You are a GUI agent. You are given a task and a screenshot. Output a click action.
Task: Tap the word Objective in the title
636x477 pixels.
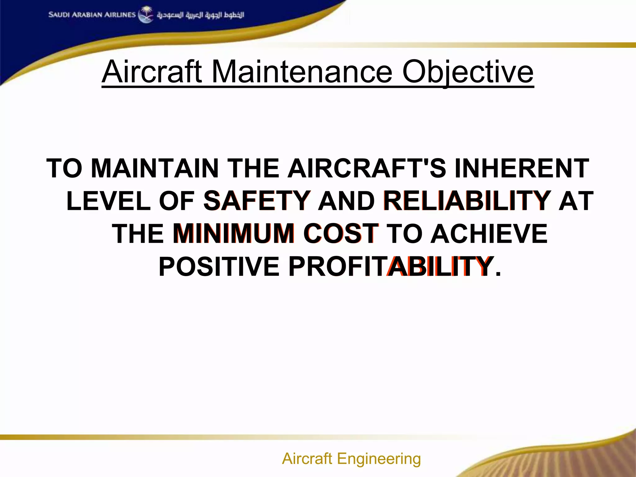[468, 72]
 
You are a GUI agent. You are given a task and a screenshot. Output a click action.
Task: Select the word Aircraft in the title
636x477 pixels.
[152, 72]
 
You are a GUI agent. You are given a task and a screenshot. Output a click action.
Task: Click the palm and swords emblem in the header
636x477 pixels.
[146, 15]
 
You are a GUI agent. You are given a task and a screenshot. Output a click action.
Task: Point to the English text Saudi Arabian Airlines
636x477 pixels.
[92, 15]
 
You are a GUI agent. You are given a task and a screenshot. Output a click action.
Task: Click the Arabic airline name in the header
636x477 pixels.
[200, 15]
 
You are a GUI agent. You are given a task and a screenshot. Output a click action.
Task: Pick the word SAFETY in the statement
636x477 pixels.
[257, 201]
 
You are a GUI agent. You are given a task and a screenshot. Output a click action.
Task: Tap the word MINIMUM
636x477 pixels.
[234, 234]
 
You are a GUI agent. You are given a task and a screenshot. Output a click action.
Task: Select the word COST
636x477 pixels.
[341, 234]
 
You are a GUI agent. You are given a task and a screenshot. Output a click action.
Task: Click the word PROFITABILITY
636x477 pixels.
[391, 266]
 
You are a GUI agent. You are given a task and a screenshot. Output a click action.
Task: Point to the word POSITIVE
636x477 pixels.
[219, 266]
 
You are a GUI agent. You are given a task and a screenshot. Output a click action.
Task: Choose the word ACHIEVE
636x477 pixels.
[489, 234]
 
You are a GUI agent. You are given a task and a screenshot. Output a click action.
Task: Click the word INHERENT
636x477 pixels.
[522, 168]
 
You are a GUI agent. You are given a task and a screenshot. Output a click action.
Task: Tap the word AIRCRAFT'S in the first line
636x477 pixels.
[367, 168]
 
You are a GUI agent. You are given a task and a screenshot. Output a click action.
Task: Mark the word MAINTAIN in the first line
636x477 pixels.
[155, 168]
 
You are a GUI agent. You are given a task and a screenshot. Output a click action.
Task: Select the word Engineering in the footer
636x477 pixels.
[379, 458]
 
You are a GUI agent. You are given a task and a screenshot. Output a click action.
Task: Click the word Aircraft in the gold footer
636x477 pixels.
[307, 458]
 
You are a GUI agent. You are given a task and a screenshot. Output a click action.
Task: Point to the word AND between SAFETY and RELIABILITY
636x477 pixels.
[346, 201]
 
